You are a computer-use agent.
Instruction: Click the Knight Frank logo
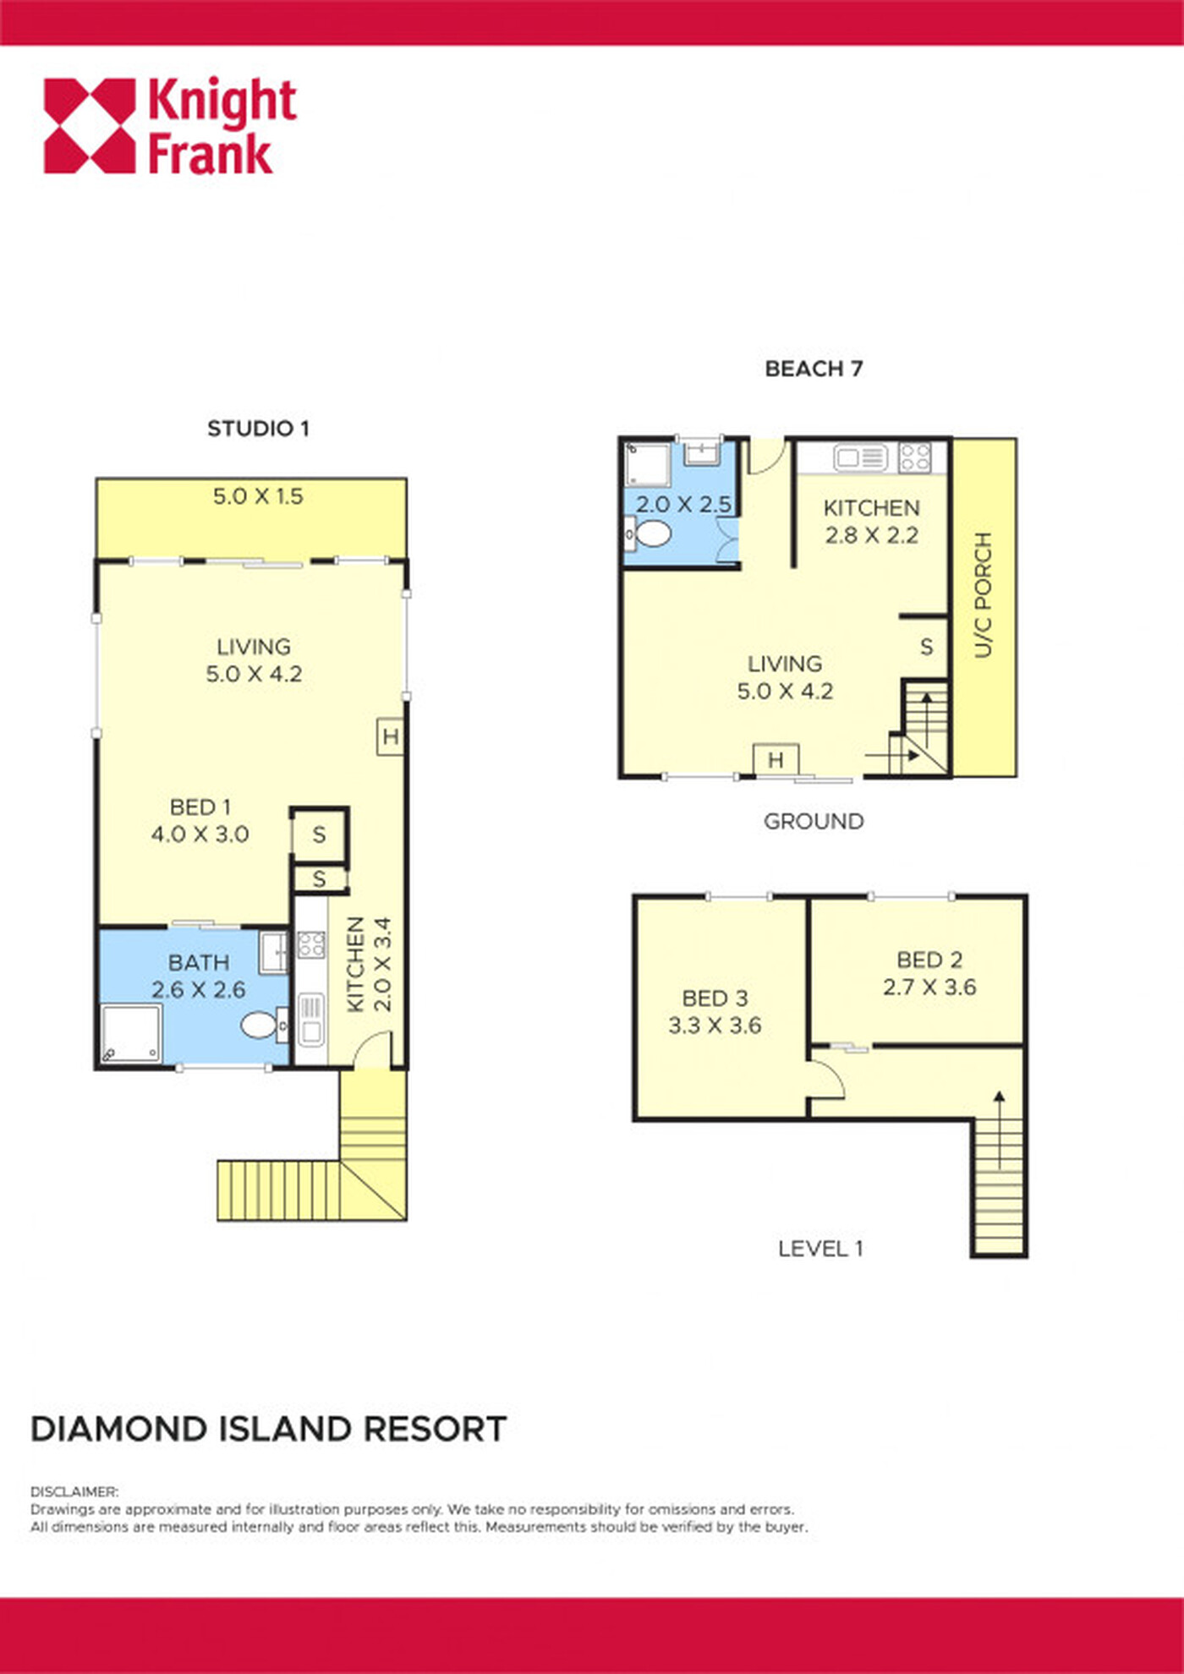170,126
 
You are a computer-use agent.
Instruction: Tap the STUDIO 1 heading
259,429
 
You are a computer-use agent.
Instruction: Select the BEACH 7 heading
814,369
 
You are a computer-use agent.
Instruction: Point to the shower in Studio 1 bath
131,1032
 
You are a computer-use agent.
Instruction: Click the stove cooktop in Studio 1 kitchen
311,944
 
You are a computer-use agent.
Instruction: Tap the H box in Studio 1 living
390,736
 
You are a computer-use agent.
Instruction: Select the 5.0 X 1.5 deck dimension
258,496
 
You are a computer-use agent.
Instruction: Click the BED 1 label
200,807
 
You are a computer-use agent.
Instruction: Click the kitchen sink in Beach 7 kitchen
860,457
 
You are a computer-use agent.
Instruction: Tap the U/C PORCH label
982,595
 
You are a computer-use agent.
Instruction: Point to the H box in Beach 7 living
776,760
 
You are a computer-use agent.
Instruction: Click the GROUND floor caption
814,821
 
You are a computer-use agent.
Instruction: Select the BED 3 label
715,998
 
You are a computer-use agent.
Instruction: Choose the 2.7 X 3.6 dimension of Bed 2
929,987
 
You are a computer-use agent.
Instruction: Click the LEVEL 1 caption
820,1249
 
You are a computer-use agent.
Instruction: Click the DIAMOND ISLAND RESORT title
269,1429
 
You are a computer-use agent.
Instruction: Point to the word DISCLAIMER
74,1492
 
